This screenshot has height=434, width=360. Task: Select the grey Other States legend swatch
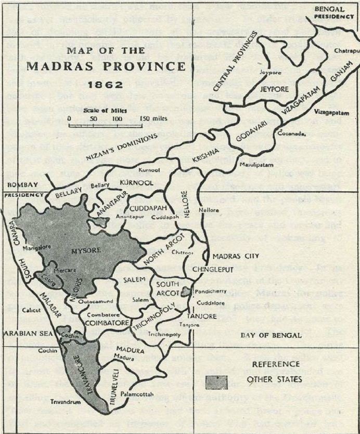tap(218, 382)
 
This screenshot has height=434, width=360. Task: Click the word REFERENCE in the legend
tap(276, 364)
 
